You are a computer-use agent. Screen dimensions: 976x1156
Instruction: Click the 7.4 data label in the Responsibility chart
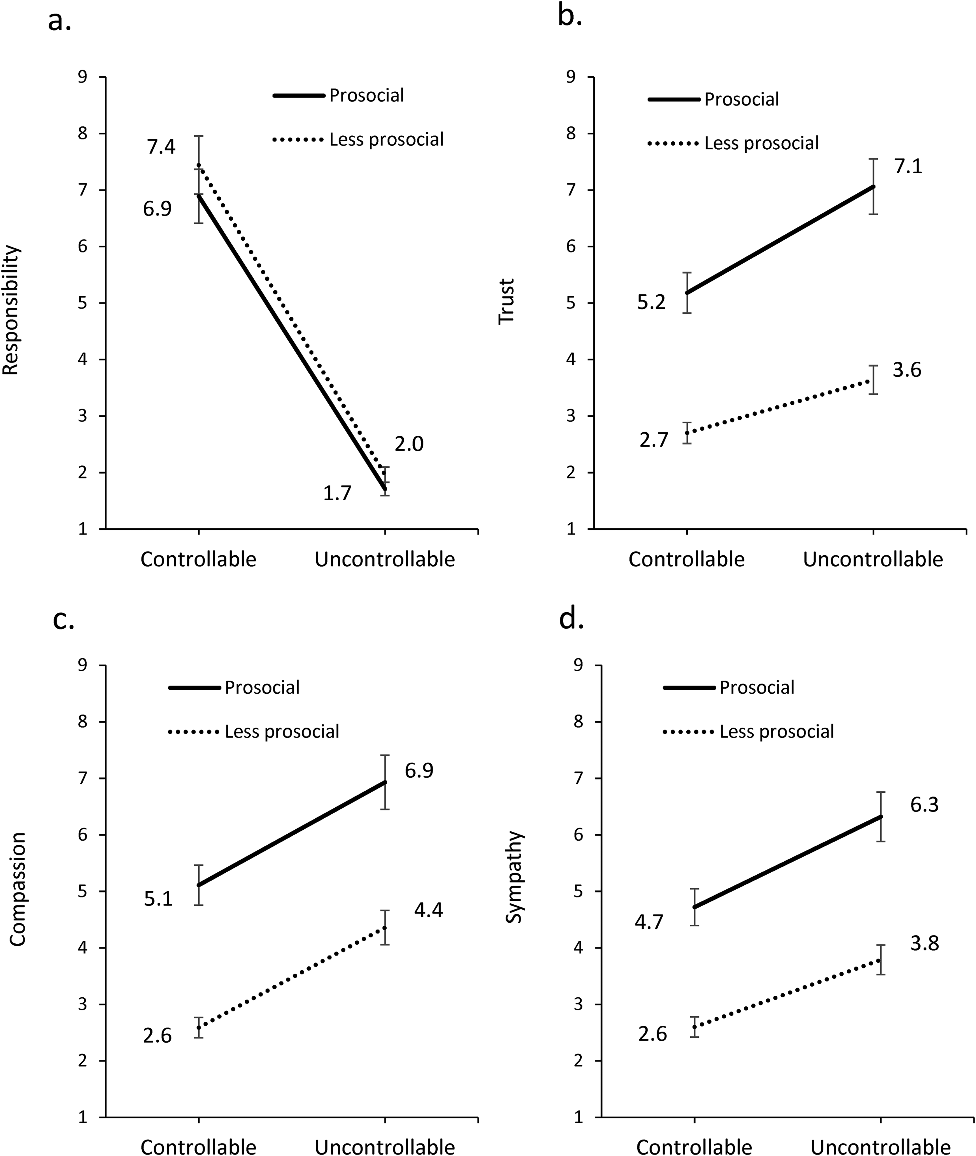pos(161,147)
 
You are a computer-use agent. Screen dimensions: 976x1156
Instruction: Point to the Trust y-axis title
pos(506,301)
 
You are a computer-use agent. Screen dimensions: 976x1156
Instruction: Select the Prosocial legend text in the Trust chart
pos(741,100)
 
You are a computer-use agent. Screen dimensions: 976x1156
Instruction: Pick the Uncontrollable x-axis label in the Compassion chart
pos(385,1146)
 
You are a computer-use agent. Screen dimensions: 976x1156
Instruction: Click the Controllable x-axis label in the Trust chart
pos(687,559)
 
